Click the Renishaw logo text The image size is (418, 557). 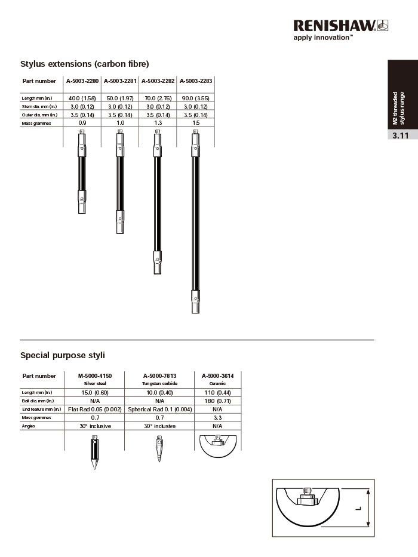point(334,25)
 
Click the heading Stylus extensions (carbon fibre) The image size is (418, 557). point(84,64)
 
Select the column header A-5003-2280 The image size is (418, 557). point(82,81)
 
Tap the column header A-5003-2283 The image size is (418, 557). point(196,81)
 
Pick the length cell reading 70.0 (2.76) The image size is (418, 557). point(158,97)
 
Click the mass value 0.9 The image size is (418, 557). point(82,123)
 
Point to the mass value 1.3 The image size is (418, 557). point(158,123)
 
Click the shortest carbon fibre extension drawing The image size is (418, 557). point(82,173)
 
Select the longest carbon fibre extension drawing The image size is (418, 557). point(195,221)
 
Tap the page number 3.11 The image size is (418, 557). point(400,136)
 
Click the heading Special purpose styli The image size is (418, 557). point(63,355)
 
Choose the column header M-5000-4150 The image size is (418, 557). point(95,376)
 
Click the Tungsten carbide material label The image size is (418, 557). point(159,383)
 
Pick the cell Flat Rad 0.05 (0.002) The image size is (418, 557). point(95,409)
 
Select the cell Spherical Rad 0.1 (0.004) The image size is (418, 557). point(159,409)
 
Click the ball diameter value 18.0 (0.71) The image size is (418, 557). point(217,401)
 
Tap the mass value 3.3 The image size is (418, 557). point(217,418)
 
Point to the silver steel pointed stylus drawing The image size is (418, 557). point(94,454)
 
